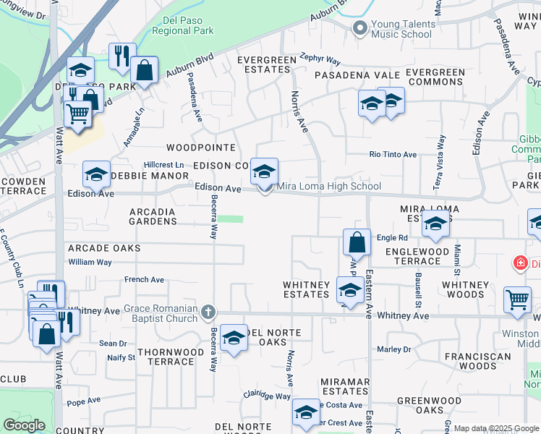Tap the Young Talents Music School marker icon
click(x=359, y=29)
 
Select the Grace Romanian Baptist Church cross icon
click(x=208, y=312)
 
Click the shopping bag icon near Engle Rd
click(x=357, y=242)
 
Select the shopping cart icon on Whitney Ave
click(x=517, y=299)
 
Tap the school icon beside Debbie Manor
click(x=96, y=174)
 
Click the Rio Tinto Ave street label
click(x=393, y=155)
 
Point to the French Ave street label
click(x=144, y=280)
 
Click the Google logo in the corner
click(x=24, y=425)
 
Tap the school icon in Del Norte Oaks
click(x=234, y=339)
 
